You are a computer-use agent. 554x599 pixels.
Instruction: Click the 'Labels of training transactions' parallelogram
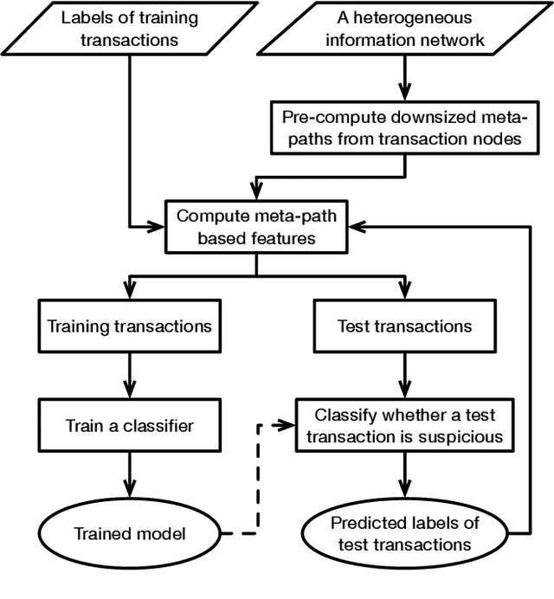pos(128,28)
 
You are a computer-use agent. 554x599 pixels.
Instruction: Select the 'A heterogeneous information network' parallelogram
pos(404,28)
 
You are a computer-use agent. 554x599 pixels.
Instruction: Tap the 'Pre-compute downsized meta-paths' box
pos(404,126)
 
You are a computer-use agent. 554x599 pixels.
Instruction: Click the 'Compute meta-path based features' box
pos(256,227)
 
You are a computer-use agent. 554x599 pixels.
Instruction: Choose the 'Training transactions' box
pos(129,326)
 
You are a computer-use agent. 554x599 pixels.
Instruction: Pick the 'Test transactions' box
pos(404,326)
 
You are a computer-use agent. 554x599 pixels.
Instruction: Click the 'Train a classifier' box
pos(129,425)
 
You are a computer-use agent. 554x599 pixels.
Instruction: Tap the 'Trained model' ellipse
pos(129,533)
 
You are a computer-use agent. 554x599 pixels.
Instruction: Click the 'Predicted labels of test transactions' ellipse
pos(404,533)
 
